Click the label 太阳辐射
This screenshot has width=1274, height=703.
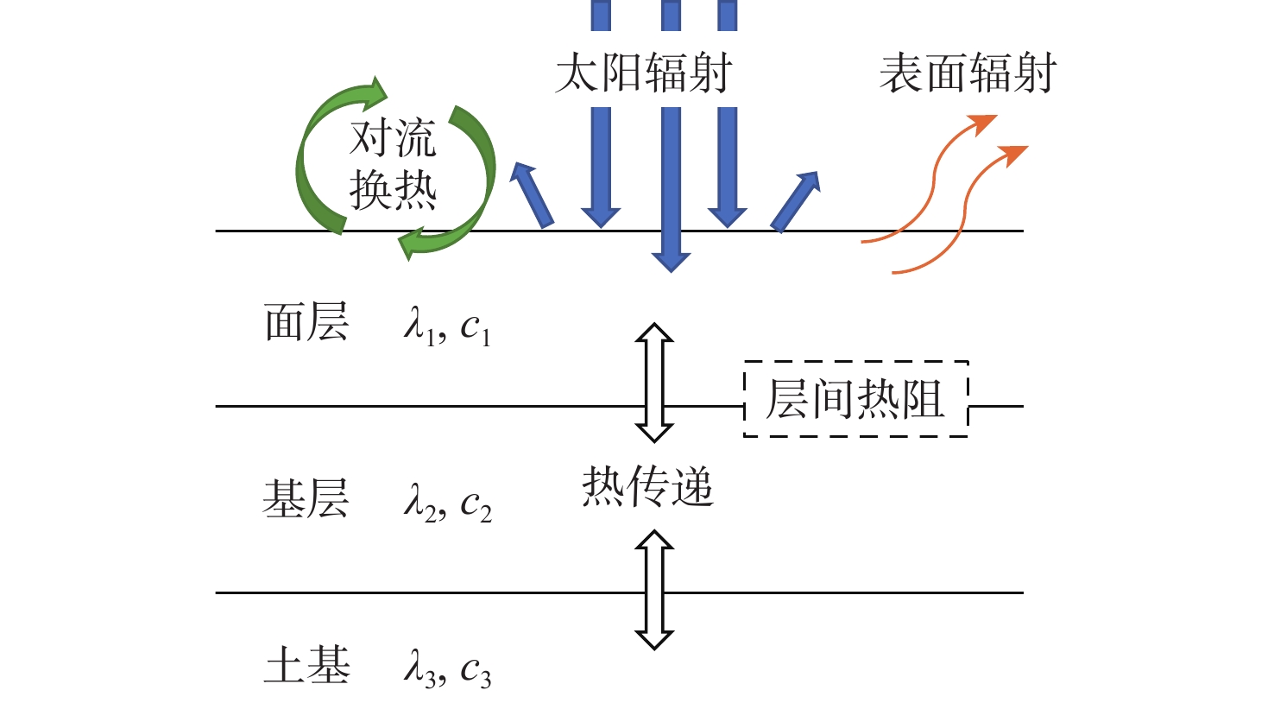pos(643,73)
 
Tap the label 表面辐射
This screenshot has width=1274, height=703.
pos(968,73)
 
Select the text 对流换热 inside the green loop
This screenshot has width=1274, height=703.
pos(393,164)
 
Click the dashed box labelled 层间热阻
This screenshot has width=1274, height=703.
pos(855,398)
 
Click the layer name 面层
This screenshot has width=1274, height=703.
pos(306,323)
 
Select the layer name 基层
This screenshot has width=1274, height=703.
pos(306,498)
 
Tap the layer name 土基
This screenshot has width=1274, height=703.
pos(306,666)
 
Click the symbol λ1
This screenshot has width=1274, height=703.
pos(419,326)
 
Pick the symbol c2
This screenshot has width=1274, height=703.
pos(476,503)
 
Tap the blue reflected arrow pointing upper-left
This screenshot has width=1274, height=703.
pos(531,194)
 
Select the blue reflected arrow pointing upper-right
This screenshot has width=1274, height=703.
pos(796,200)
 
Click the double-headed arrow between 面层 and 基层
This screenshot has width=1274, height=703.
pos(654,382)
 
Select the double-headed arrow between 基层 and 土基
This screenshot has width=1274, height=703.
pos(654,589)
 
